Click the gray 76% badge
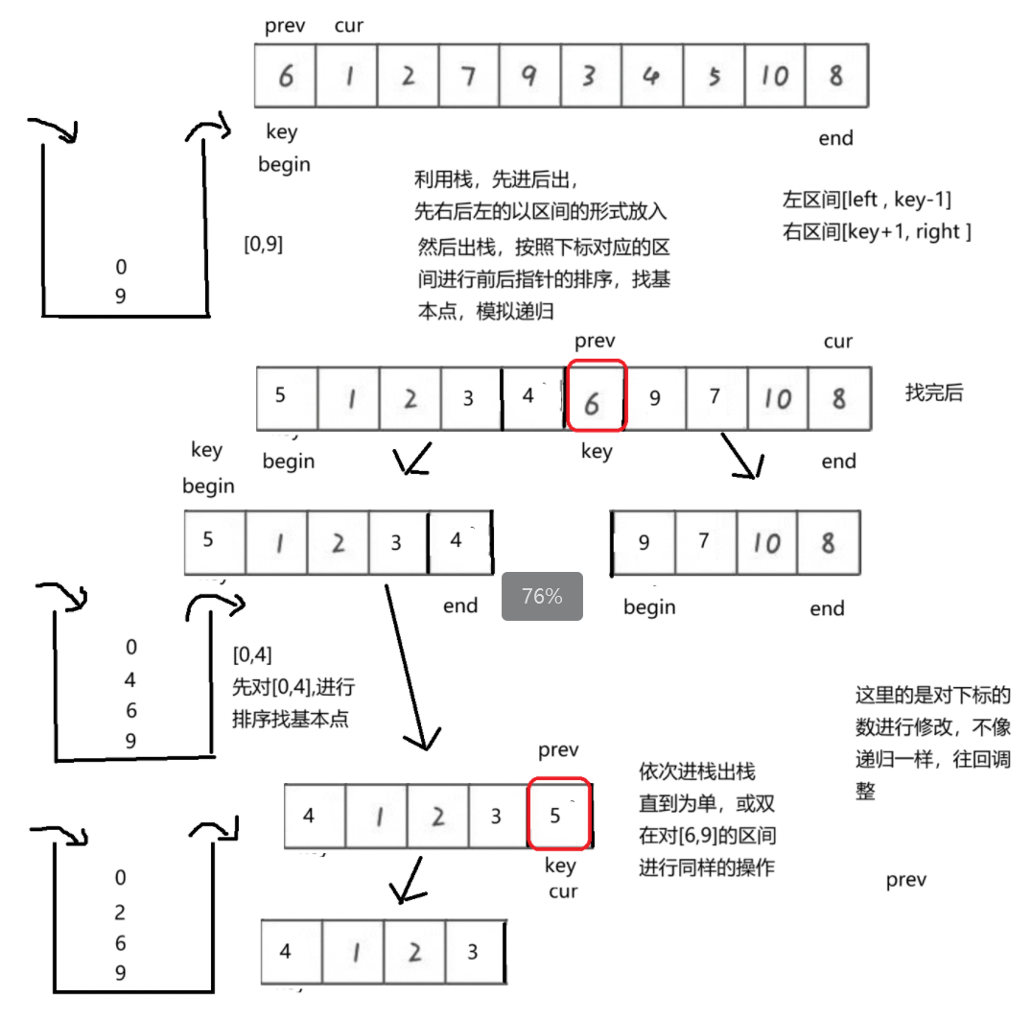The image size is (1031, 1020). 541,597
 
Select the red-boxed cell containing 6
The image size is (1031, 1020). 596,396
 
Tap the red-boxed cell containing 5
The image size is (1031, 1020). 558,815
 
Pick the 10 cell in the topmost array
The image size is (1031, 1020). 775,76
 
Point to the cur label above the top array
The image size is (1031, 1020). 348,26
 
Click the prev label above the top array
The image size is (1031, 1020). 285,26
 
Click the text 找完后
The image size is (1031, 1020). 934,392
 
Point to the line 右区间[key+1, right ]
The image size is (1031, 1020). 877,231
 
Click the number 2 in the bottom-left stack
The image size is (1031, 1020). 120,913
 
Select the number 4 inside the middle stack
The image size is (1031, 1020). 130,680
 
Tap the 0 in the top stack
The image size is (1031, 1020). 121,267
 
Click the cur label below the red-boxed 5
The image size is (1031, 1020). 563,891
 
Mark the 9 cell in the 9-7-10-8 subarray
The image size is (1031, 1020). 644,543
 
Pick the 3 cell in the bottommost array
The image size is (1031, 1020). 473,952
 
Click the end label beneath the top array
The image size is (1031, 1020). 835,138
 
